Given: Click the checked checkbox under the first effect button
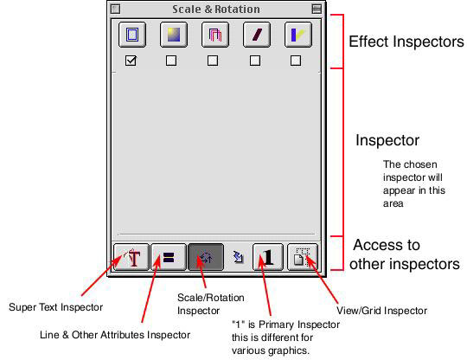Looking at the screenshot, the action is click(x=131, y=61).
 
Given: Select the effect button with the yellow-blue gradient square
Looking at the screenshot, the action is click(x=174, y=35).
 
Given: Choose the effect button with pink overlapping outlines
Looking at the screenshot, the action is click(x=215, y=35).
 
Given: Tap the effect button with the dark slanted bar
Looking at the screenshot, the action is click(x=257, y=35).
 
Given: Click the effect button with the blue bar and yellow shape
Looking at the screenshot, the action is click(x=298, y=35).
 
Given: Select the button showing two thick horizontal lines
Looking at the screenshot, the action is click(x=169, y=257).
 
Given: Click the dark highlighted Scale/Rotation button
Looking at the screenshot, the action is click(x=206, y=257).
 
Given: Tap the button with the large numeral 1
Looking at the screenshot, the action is click(x=268, y=257).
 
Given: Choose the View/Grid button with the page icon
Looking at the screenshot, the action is click(x=303, y=257).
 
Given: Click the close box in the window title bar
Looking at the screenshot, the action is click(x=115, y=9).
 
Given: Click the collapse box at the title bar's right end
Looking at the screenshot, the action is click(x=317, y=9).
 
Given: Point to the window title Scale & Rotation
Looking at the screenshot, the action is click(x=216, y=10).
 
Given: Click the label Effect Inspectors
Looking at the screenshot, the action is click(x=406, y=42).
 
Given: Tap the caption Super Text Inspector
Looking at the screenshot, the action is click(x=55, y=307).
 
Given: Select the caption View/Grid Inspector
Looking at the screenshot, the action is click(x=382, y=311).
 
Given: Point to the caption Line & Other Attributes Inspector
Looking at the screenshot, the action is click(x=115, y=335).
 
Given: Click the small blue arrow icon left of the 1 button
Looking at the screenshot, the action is click(x=239, y=257).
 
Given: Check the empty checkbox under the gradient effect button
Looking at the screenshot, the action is click(x=171, y=61).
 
